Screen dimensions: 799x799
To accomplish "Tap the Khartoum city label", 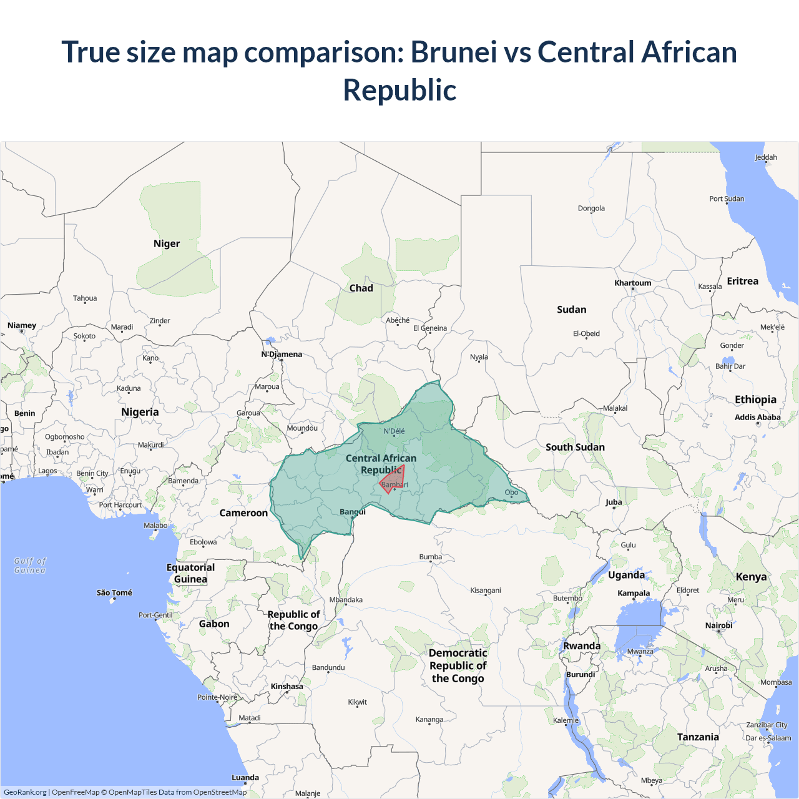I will click(632, 283).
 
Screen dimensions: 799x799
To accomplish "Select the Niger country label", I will click(167, 243).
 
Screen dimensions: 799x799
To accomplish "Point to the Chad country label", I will click(361, 288).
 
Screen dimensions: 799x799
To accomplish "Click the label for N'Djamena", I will click(282, 354).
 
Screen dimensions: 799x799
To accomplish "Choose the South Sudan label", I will click(575, 447).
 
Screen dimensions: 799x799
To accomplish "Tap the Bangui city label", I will click(353, 512).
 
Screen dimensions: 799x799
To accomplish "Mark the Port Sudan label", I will click(727, 199).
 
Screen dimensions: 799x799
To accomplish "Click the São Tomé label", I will click(114, 592).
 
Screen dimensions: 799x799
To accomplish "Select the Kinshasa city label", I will click(287, 686).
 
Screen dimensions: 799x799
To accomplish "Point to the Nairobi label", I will click(718, 625).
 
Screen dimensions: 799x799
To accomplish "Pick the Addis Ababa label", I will click(757, 417).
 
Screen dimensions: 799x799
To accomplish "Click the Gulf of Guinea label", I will click(30, 566).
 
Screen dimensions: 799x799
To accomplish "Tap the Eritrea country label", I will click(742, 281).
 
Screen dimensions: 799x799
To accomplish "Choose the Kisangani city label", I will click(486, 590).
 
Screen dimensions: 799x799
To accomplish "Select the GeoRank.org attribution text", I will click(25, 792).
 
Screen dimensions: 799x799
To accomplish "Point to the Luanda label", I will click(245, 777).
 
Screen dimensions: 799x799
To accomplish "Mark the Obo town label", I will click(511, 492).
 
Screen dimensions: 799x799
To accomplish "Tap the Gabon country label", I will click(214, 624).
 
